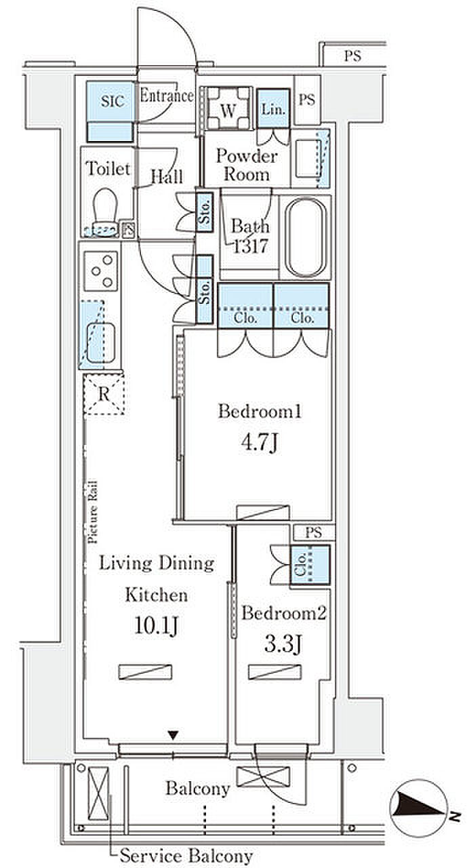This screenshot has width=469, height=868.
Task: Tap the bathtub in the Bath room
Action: click(305, 237)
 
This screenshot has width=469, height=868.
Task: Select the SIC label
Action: click(113, 101)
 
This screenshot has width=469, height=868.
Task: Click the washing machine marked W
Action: click(228, 108)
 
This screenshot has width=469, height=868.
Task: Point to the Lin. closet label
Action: click(273, 109)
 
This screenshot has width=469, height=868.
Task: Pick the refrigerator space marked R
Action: click(104, 394)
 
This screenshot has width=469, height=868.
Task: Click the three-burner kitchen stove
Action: click(101, 271)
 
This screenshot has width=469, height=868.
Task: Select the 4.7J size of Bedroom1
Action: click(259, 443)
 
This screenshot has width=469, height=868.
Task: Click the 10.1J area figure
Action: click(156, 625)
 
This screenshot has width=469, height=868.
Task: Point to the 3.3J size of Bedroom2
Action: click(283, 644)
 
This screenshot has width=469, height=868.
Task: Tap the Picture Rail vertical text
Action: click(92, 511)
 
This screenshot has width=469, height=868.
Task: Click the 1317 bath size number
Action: click(251, 245)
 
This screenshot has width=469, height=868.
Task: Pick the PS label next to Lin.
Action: click(307, 100)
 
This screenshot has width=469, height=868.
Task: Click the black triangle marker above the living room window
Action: click(173, 734)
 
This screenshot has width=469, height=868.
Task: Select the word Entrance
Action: click(167, 96)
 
